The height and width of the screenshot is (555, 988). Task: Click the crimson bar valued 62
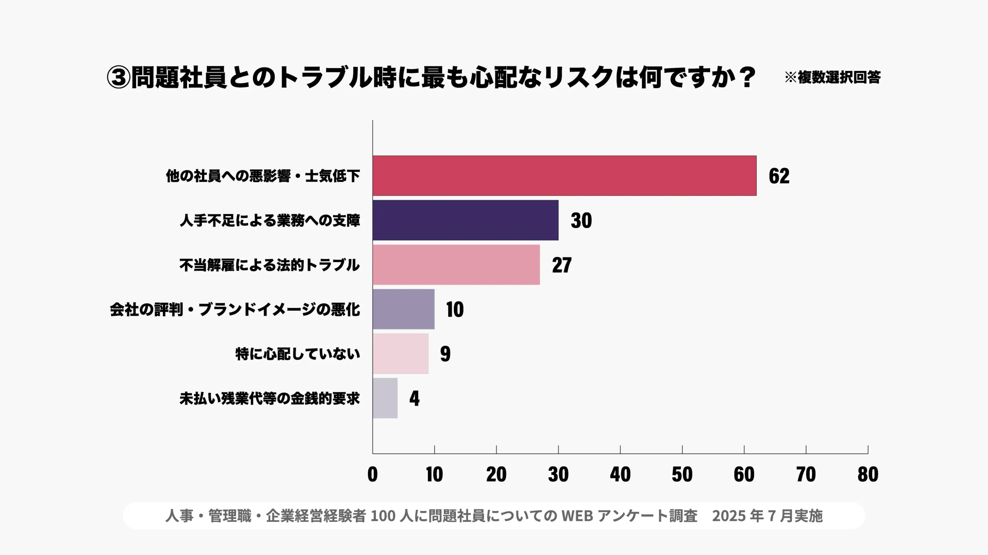pyautogui.click(x=564, y=176)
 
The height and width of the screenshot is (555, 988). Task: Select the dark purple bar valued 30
pyautogui.click(x=465, y=220)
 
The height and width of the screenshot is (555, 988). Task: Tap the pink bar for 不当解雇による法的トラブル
pyautogui.click(x=456, y=265)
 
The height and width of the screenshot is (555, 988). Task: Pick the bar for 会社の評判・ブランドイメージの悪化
pyautogui.click(x=403, y=309)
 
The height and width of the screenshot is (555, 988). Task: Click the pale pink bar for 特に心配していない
pyautogui.click(x=400, y=353)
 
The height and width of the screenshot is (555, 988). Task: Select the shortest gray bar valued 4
pyautogui.click(x=385, y=398)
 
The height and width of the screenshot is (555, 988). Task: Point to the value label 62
pyautogui.click(x=779, y=176)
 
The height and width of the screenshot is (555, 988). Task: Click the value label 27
pyautogui.click(x=562, y=265)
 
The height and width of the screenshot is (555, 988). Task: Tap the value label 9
pyautogui.click(x=445, y=354)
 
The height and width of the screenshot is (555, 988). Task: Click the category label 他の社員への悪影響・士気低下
pyautogui.click(x=263, y=176)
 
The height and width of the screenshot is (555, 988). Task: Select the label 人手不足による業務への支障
pyautogui.click(x=270, y=220)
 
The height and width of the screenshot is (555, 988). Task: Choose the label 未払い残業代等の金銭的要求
pyautogui.click(x=269, y=399)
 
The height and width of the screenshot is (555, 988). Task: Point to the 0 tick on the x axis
pyautogui.click(x=372, y=474)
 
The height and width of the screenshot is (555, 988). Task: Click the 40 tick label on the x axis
pyautogui.click(x=620, y=474)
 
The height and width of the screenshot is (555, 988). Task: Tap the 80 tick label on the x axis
pyautogui.click(x=868, y=474)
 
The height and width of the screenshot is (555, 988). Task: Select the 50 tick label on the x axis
pyautogui.click(x=682, y=474)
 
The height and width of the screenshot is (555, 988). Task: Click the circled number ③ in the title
pyautogui.click(x=118, y=77)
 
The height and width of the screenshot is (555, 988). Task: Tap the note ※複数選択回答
pyautogui.click(x=832, y=77)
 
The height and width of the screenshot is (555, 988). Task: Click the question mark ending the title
pyautogui.click(x=748, y=77)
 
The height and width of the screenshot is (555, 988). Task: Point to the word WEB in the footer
pyautogui.click(x=577, y=516)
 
